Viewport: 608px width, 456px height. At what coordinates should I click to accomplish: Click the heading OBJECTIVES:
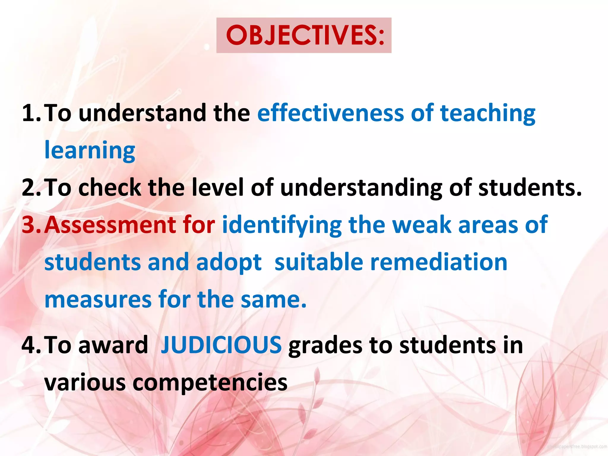pos(305,35)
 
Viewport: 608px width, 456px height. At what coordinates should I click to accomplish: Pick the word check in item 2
pos(110,188)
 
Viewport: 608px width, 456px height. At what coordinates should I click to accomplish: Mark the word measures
pos(98,300)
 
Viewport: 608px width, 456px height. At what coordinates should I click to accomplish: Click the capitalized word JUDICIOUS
pos(221,345)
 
